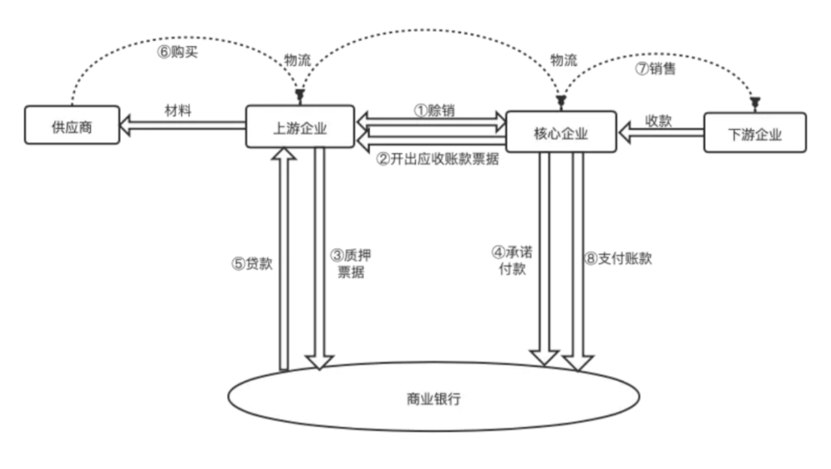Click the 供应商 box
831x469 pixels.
pyautogui.click(x=72, y=126)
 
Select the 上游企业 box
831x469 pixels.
pyautogui.click(x=300, y=127)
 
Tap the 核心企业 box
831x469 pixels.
pyautogui.click(x=561, y=131)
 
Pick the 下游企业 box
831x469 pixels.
pyautogui.click(x=755, y=132)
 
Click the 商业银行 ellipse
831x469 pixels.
pyautogui.click(x=433, y=398)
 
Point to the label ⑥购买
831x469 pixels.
pyautogui.click(x=178, y=52)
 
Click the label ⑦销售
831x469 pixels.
pyautogui.click(x=655, y=68)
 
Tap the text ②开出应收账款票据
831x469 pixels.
pyautogui.click(x=438, y=160)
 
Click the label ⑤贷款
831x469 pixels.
pyautogui.click(x=252, y=263)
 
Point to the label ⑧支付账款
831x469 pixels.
pyautogui.click(x=617, y=259)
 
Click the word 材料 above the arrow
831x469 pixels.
pyautogui.click(x=178, y=111)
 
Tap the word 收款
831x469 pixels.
pyautogui.click(x=658, y=121)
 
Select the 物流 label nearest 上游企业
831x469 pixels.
pyautogui.click(x=297, y=60)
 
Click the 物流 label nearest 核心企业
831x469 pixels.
pyautogui.click(x=563, y=60)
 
